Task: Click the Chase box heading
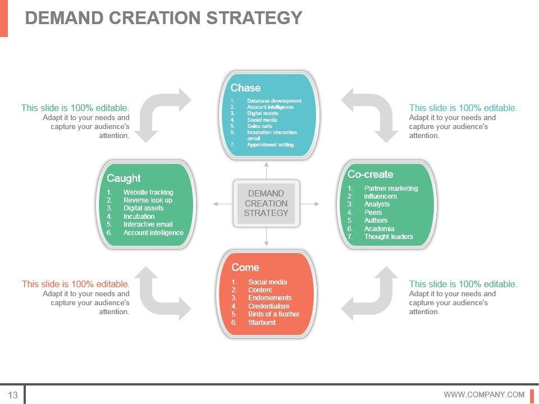[245, 88]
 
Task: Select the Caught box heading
[124, 178]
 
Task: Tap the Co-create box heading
[370, 174]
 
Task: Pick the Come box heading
[245, 267]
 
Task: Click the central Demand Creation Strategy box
[266, 203]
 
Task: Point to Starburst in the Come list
[262, 322]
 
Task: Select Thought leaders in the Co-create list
[388, 237]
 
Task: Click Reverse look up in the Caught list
[148, 200]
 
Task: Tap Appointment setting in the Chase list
[270, 145]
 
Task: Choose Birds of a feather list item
[273, 314]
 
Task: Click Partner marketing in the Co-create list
[391, 189]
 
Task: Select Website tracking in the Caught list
[148, 192]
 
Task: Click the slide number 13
[13, 394]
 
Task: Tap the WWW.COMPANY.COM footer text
[484, 394]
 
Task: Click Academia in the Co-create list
[379, 228]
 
